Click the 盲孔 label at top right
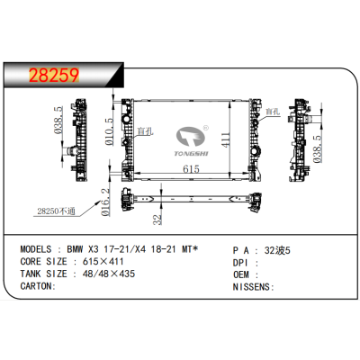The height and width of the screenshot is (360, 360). point(274,111)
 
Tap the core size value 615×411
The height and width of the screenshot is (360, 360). point(97,260)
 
